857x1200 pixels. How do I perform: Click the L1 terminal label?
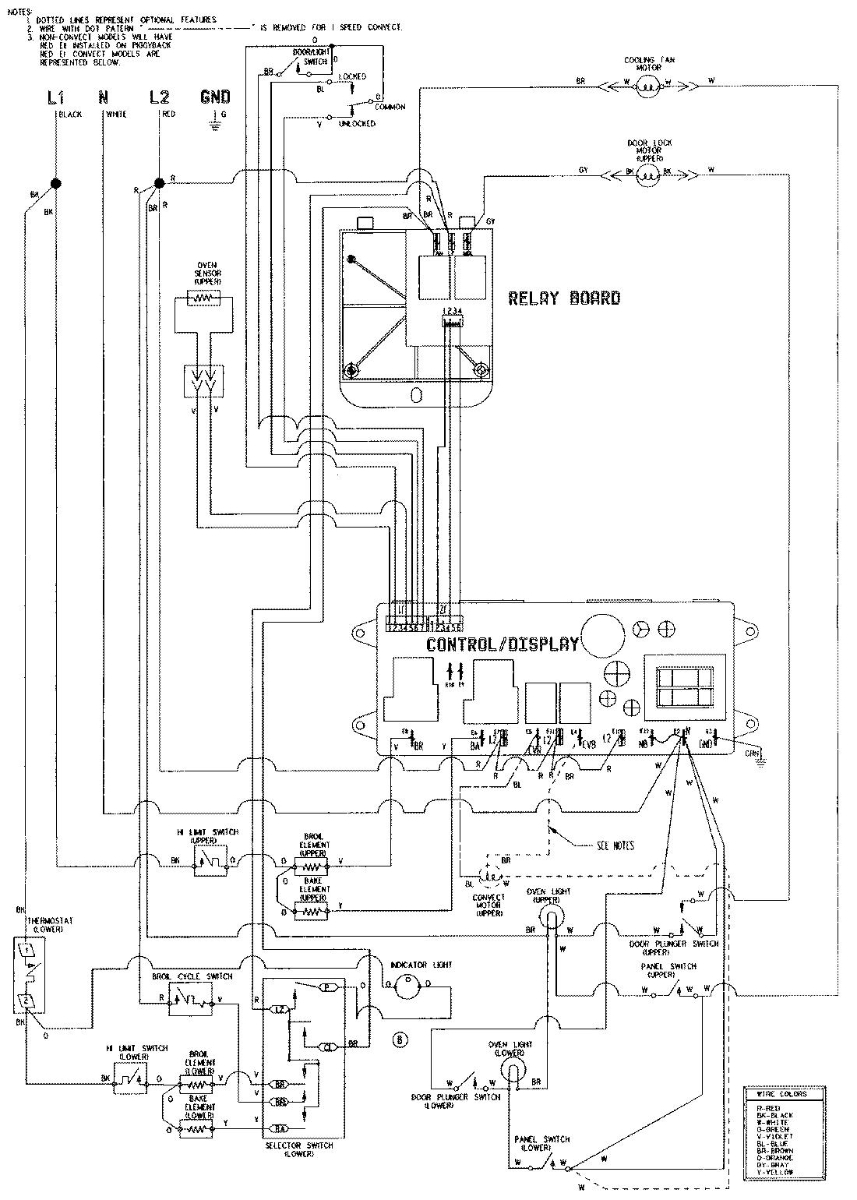[54, 97]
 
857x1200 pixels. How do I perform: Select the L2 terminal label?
[159, 97]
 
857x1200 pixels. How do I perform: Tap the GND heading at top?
[215, 97]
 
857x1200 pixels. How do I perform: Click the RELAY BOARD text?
[564, 298]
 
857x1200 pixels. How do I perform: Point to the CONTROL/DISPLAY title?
[503, 644]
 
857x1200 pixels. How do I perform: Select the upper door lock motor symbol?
[648, 177]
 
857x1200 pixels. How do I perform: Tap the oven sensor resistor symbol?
[205, 298]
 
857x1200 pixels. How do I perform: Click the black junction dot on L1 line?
[56, 184]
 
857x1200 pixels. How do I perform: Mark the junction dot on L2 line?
[159, 183]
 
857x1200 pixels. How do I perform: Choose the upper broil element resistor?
[313, 863]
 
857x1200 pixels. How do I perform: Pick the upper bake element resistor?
[313, 909]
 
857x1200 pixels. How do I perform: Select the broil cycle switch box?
[191, 1001]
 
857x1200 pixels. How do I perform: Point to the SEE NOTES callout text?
[615, 845]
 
